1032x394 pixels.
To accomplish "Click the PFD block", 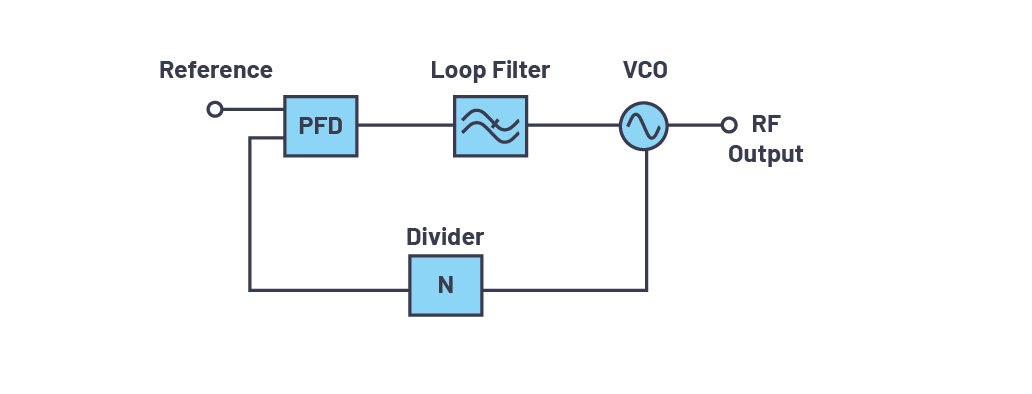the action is pyautogui.click(x=321, y=126).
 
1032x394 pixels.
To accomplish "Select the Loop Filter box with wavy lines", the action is pyautogui.click(x=490, y=126).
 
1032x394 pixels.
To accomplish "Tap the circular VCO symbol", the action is pyautogui.click(x=644, y=126).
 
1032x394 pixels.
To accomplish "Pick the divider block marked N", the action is pyautogui.click(x=446, y=285).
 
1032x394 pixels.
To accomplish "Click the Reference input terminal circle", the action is pyautogui.click(x=215, y=109).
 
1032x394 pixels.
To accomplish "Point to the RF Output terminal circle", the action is pyautogui.click(x=729, y=125).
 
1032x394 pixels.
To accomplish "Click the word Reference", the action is pyautogui.click(x=216, y=70).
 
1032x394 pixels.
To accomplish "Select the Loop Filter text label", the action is pyautogui.click(x=490, y=70).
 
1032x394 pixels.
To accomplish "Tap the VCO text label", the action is pyautogui.click(x=645, y=70).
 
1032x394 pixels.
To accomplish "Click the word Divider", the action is pyautogui.click(x=445, y=237).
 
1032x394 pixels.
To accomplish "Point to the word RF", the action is pyautogui.click(x=766, y=124).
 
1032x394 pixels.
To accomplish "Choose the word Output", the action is pyautogui.click(x=765, y=154).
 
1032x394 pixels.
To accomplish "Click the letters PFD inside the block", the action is pyautogui.click(x=321, y=126).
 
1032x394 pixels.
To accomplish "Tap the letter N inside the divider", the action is pyautogui.click(x=446, y=285).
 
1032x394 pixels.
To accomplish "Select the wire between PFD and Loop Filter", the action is pyautogui.click(x=405, y=125).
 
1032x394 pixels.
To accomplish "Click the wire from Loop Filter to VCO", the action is pyautogui.click(x=573, y=125).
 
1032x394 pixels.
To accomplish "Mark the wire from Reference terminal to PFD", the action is pyautogui.click(x=253, y=109).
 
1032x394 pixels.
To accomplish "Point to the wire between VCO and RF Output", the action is pyautogui.click(x=694, y=125).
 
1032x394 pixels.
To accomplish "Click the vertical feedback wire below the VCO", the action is pyautogui.click(x=646, y=220).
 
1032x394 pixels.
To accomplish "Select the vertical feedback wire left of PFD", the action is pyautogui.click(x=249, y=214).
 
